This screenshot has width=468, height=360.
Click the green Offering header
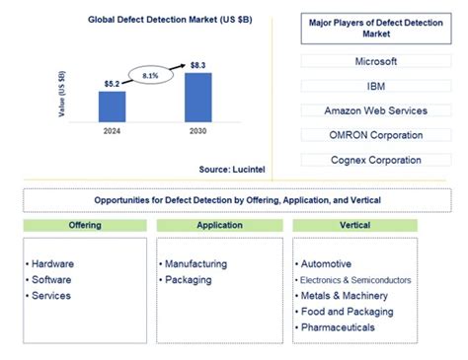(x=84, y=226)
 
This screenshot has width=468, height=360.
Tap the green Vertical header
(x=354, y=226)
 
